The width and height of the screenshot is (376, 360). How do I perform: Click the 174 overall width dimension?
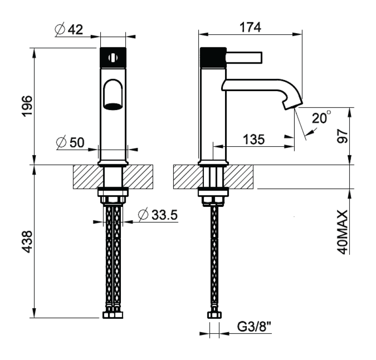point(251,27)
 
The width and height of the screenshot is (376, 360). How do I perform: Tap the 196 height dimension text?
point(26,106)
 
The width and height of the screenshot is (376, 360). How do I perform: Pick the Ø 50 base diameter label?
point(70,143)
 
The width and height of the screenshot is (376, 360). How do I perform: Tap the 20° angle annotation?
point(321,118)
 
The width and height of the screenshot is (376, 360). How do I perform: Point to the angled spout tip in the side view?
point(292,104)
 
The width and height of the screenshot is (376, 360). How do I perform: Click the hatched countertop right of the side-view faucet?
point(241,176)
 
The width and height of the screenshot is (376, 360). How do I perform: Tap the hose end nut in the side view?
point(214,315)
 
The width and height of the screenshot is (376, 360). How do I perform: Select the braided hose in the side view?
point(214,258)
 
